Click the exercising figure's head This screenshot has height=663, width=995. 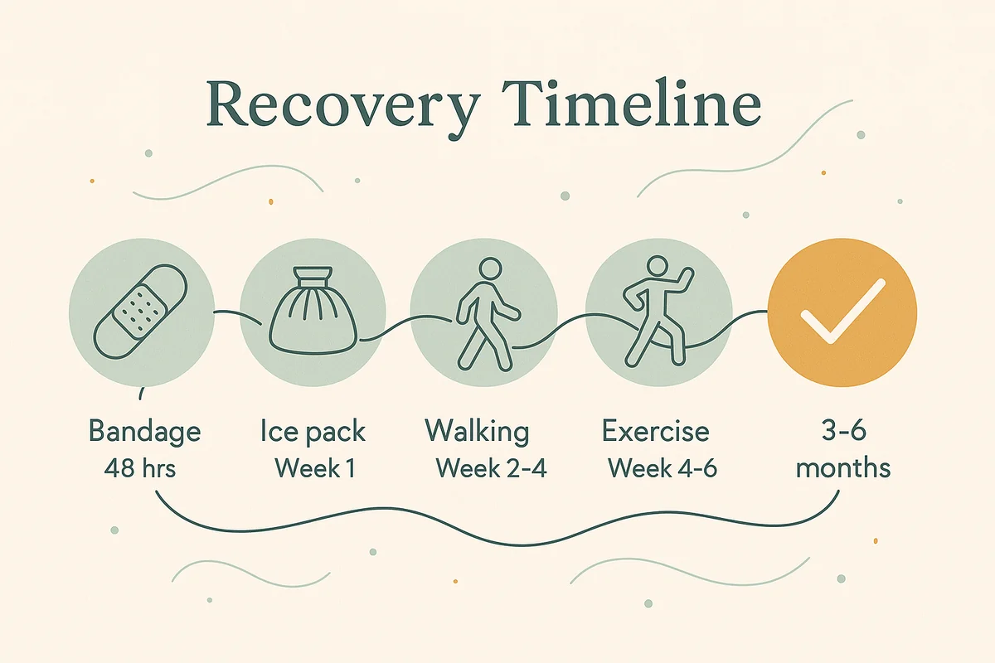[657, 268]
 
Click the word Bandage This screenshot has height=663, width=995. [144, 433]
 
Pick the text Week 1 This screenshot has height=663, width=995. [314, 468]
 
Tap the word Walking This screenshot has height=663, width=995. [477, 432]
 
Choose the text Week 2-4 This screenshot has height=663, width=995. [491, 468]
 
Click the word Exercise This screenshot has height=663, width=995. [656, 432]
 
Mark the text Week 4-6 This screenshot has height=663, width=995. [662, 468]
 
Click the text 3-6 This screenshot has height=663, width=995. [840, 432]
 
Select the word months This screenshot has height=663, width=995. [842, 468]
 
